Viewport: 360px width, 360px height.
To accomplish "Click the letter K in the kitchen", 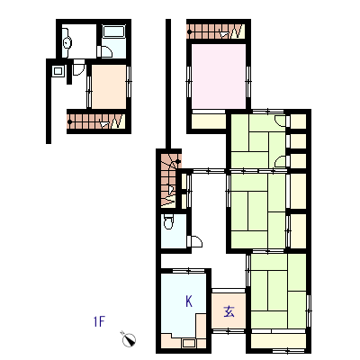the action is coord(189,301).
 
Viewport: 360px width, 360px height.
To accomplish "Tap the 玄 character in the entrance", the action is coord(229,311).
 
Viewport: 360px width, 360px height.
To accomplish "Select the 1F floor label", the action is coord(99,321).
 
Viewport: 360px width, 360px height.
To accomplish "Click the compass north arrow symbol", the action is coord(129,339).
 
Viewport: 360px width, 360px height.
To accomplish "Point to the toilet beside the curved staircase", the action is coord(168,221).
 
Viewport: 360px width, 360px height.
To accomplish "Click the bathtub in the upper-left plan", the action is coord(113,31).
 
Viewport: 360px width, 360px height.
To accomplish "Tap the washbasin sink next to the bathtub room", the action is coord(67,42).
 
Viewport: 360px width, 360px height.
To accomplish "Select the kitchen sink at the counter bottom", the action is coord(189,343).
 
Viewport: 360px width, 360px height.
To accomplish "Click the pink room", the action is coord(219,76).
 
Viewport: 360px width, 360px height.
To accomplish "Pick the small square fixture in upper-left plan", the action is coord(58,71).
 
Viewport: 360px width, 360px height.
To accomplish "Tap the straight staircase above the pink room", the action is coord(216,31).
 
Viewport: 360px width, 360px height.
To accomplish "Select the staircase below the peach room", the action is coord(96,121).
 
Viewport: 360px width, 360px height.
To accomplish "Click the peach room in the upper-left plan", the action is coord(109,86).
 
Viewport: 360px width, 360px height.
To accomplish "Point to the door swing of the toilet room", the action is coord(194,241).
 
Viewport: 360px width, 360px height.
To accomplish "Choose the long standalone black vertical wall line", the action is coord(168,84).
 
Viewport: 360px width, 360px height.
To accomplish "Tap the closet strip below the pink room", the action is coord(209,121).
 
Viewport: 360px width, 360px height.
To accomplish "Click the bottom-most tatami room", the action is coord(278,291).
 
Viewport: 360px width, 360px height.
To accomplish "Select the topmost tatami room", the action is coord(258,141).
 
